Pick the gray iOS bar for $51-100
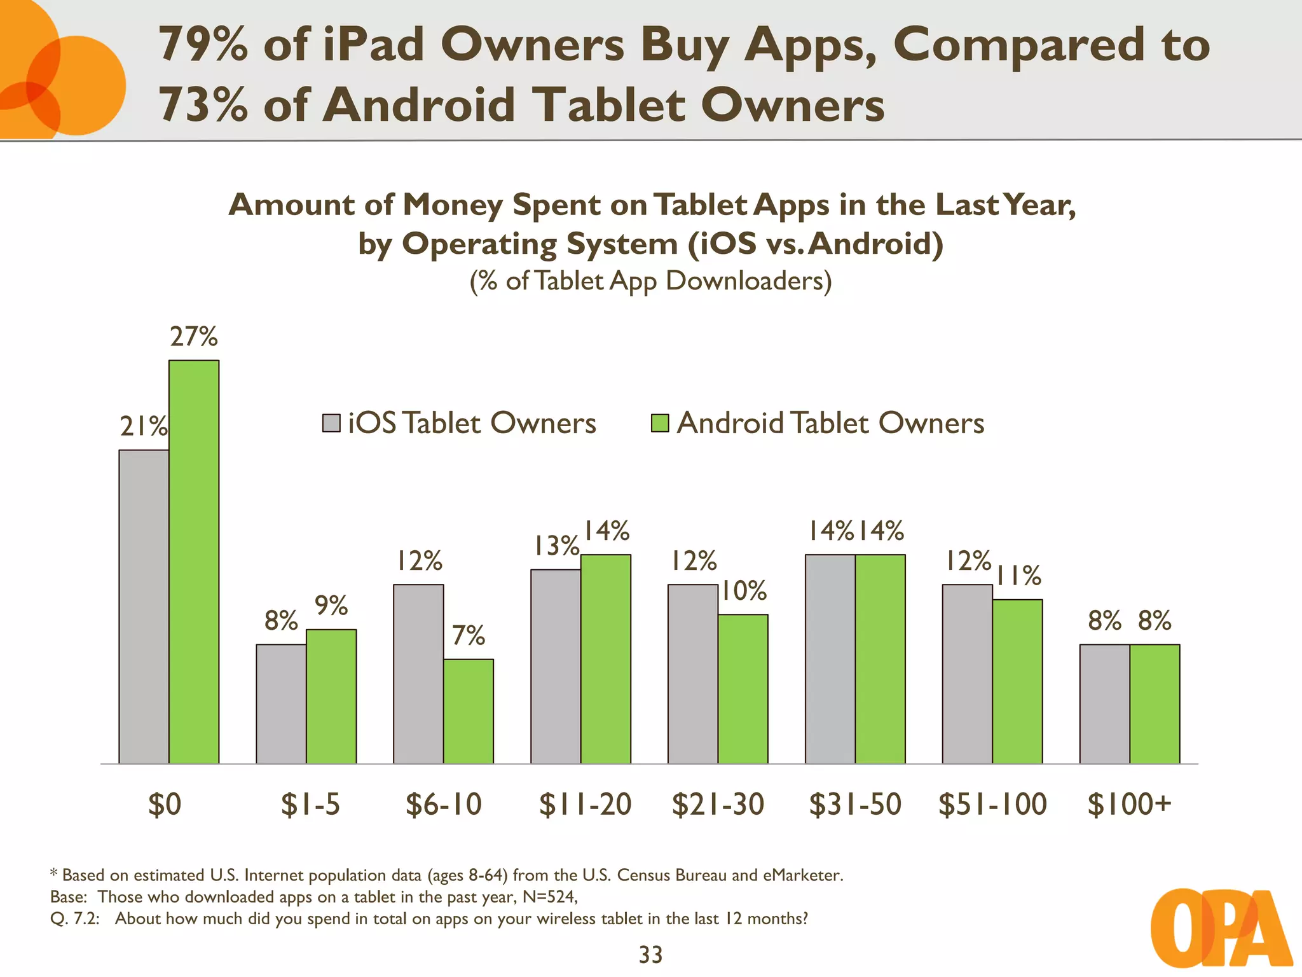coord(967,674)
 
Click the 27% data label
coord(194,336)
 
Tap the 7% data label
coord(469,635)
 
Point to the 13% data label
coord(556,546)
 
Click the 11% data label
coord(1018,576)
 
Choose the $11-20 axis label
coord(585,804)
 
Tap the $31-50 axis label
coord(855,804)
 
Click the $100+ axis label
coord(1129,804)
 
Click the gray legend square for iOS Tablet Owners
coord(331,423)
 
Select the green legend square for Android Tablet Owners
coord(660,423)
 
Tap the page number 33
coord(650,955)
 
